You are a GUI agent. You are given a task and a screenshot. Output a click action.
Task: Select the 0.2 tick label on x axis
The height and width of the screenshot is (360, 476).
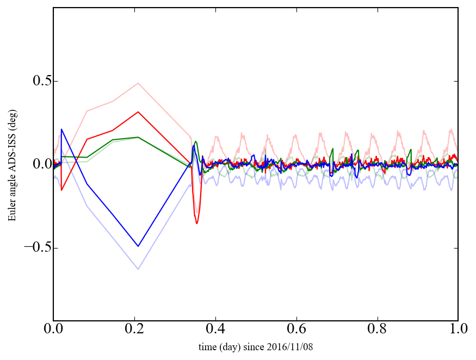tap(134, 329)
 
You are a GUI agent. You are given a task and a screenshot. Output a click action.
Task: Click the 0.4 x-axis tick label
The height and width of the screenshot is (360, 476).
tap(215, 329)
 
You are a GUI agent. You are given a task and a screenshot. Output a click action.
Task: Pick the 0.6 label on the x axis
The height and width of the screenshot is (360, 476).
tap(296, 329)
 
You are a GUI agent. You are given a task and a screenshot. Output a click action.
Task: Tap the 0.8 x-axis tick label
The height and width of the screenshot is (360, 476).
tap(377, 329)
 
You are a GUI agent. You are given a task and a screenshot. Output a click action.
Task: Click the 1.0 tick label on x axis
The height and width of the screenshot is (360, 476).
tap(458, 329)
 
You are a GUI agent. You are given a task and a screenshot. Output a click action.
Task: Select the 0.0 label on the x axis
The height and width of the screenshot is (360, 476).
tap(53, 329)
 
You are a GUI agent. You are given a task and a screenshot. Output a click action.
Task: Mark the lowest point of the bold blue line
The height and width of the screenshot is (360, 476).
tap(138, 246)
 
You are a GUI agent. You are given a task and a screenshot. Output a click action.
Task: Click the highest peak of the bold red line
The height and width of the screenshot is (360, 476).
tap(138, 112)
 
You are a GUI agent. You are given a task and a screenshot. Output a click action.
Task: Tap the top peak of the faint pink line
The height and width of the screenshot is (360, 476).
tap(138, 83)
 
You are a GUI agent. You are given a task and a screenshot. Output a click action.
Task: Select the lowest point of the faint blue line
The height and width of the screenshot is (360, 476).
tap(138, 269)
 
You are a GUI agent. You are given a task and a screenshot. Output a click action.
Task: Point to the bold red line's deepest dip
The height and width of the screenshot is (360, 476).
tap(197, 224)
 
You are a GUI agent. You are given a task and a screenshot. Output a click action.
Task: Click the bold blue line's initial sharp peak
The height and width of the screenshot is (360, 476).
tap(61, 129)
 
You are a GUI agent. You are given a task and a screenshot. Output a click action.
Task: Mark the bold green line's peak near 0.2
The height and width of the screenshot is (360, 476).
tap(138, 137)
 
